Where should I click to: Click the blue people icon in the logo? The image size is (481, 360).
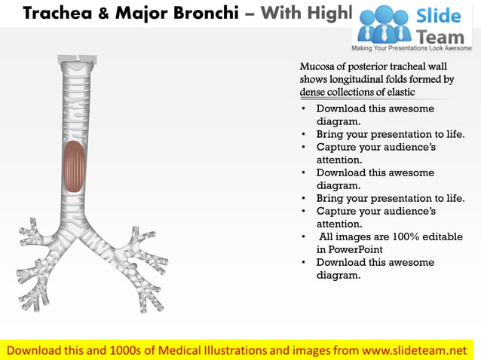click(x=384, y=24)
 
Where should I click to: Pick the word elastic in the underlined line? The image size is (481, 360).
click(x=397, y=92)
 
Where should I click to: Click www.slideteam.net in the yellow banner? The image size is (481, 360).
click(x=415, y=350)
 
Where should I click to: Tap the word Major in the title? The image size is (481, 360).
click(x=143, y=13)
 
